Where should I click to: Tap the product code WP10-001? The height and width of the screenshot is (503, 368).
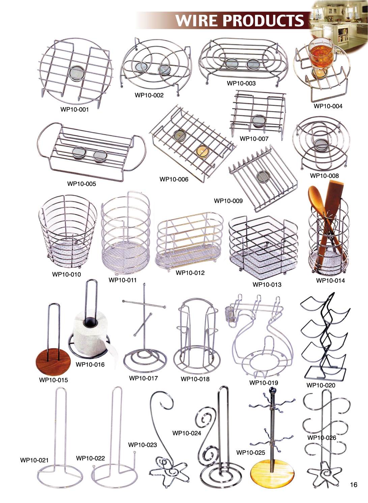coord(75,109)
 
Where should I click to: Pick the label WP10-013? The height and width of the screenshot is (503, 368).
coord(267,285)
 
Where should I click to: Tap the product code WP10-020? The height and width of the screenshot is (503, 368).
coord(321,385)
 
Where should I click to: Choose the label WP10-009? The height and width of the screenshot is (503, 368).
coord(228,201)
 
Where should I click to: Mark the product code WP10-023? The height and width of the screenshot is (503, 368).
coord(142,445)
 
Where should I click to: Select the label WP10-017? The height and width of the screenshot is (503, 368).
coord(143,378)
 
